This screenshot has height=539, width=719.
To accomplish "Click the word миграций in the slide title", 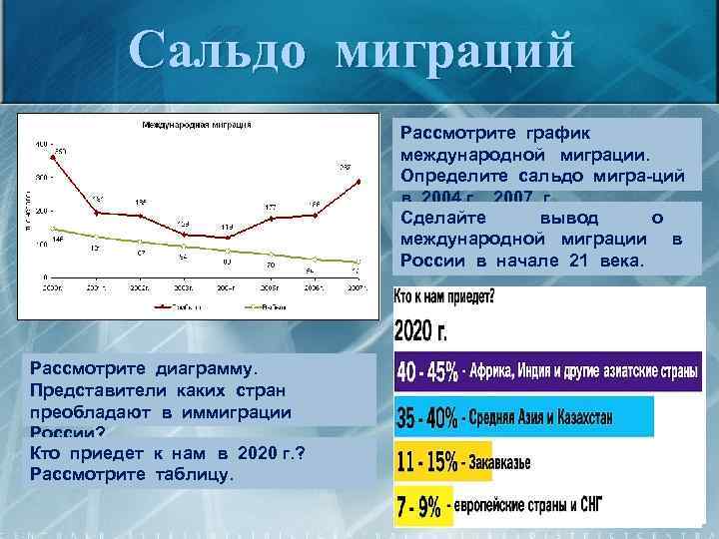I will [x=455, y=50].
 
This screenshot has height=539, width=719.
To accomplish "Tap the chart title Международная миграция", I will [x=196, y=125].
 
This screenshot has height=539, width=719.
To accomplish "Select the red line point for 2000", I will [x=53, y=158].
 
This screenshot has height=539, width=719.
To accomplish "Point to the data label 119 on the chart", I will [x=228, y=227].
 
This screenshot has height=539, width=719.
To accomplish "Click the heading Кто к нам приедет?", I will [x=444, y=297].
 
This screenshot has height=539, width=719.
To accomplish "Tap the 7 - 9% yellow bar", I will [x=419, y=507].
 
